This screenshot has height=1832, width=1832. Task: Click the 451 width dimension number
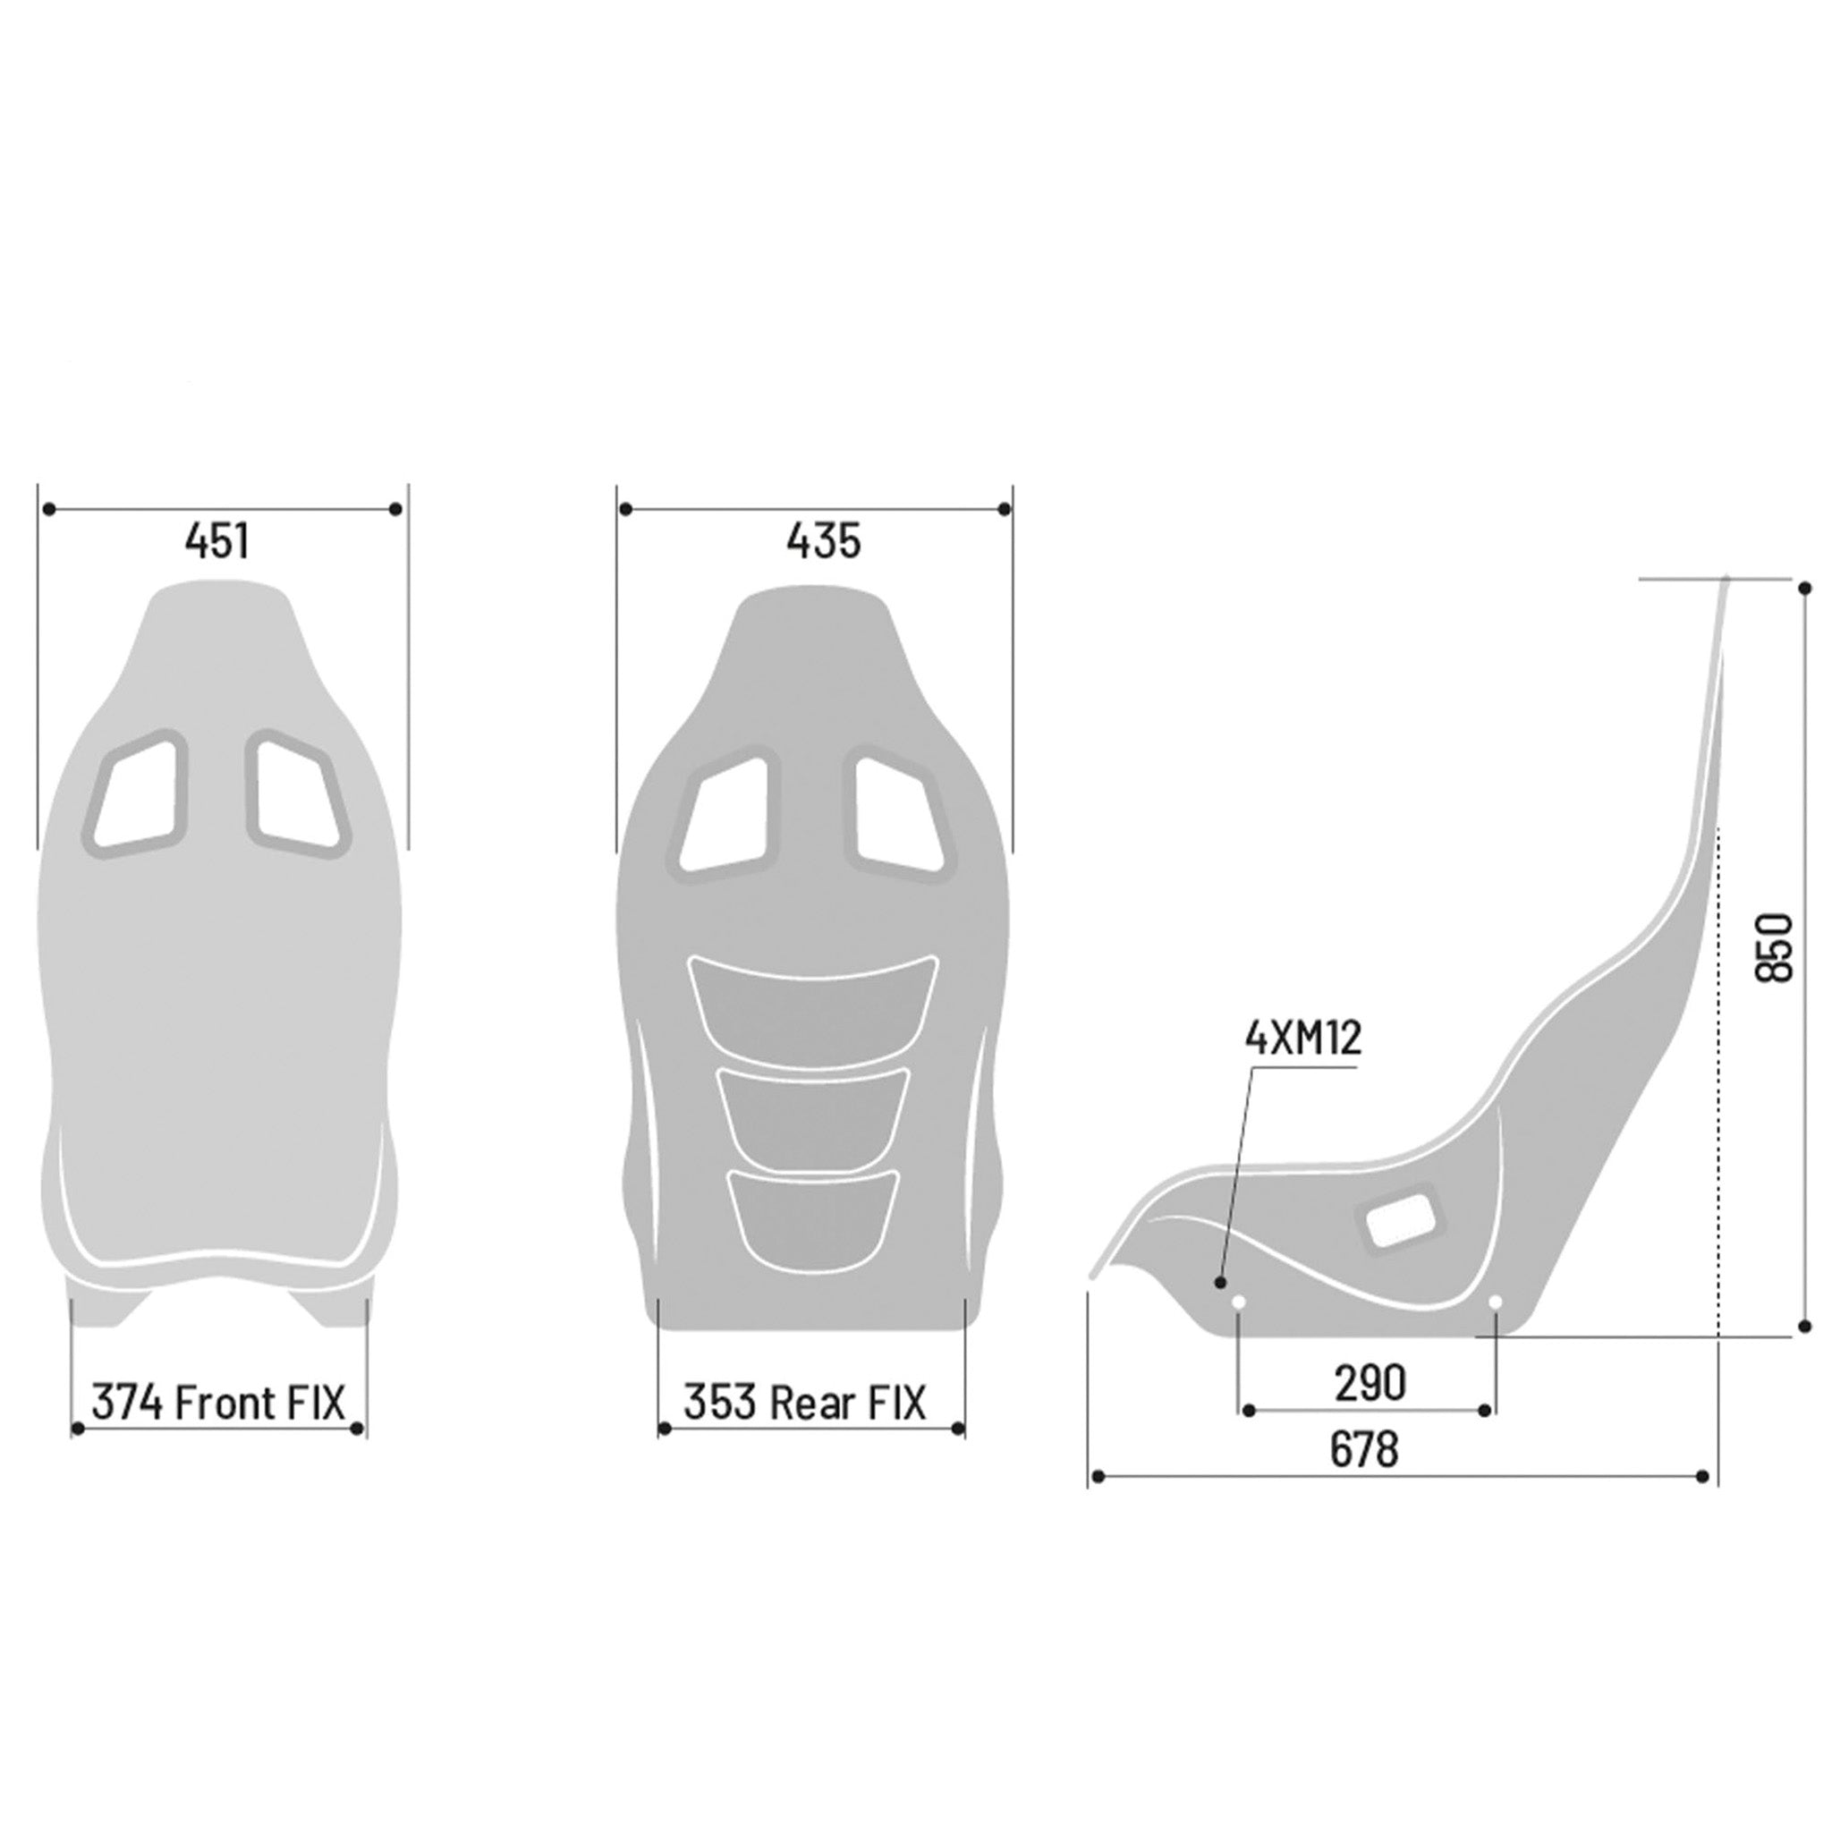click(217, 541)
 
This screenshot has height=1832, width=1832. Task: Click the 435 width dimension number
click(823, 541)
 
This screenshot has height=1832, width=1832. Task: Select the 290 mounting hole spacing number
click(1370, 1385)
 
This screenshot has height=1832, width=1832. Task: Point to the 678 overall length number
click(1363, 1450)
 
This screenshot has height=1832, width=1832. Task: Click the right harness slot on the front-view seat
click(297, 793)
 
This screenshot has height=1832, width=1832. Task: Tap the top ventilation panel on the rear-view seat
click(812, 1006)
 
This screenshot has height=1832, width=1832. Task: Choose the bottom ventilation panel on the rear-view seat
click(812, 1217)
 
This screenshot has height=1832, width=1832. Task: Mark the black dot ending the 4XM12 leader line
click(1220, 1282)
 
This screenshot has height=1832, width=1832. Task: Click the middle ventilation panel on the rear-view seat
click(812, 1117)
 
